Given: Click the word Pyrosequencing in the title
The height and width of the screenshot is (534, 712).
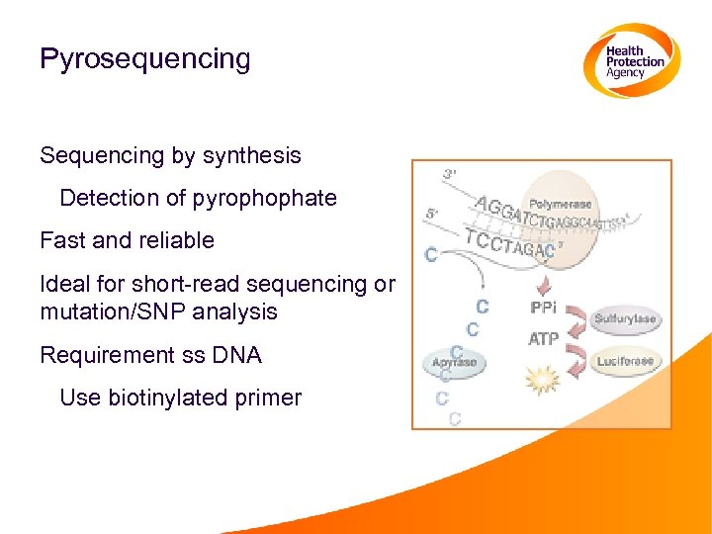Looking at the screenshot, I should point(145,59).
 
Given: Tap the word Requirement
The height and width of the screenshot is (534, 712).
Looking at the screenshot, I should point(102,354).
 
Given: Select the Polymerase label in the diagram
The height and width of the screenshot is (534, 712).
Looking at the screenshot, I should point(561,204).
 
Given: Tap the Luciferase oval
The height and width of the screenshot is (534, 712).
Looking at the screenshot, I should point(625,362).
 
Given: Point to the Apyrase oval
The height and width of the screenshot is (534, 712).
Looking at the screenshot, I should point(454,363).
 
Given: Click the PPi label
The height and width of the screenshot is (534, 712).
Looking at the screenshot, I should point(543,309).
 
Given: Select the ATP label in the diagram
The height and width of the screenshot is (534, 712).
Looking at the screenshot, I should point(543,339).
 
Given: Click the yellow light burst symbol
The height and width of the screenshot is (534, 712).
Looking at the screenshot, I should point(543,377).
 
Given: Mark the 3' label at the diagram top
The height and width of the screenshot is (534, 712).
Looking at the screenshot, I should point(449,175).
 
